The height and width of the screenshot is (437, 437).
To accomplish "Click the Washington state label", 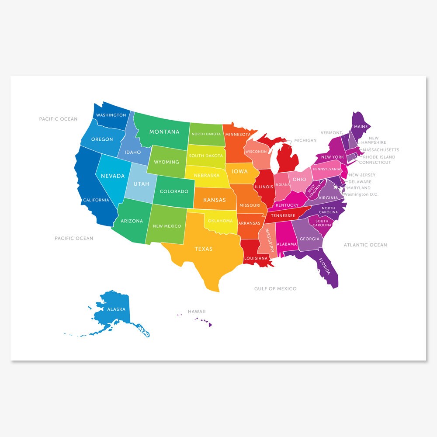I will [x=111, y=115].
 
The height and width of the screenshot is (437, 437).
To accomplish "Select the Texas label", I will [x=203, y=249].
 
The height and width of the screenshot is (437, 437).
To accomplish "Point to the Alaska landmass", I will [x=116, y=309].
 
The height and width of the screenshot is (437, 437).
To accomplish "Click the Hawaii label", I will [x=197, y=312].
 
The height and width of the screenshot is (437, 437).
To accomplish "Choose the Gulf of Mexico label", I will [x=275, y=288].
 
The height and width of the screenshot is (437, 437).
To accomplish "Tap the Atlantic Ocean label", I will [x=365, y=245].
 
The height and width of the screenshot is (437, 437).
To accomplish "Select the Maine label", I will [x=361, y=127].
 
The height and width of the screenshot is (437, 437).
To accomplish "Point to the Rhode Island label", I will [x=379, y=157].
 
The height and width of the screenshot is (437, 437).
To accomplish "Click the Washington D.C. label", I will [x=361, y=194].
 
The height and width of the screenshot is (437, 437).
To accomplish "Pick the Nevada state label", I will [x=113, y=176].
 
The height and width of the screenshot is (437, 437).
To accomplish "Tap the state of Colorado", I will [x=174, y=191].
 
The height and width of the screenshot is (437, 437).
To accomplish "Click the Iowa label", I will [x=239, y=172].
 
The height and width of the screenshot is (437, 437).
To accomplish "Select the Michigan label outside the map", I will [x=305, y=140].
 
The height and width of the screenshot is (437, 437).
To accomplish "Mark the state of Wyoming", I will [x=166, y=162].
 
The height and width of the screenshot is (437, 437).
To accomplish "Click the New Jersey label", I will [x=362, y=175].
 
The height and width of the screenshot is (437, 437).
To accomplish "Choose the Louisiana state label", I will [x=256, y=258].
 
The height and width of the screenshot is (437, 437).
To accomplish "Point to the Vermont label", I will [x=331, y=132].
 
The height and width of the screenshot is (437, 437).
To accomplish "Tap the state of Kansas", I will [x=215, y=200].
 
